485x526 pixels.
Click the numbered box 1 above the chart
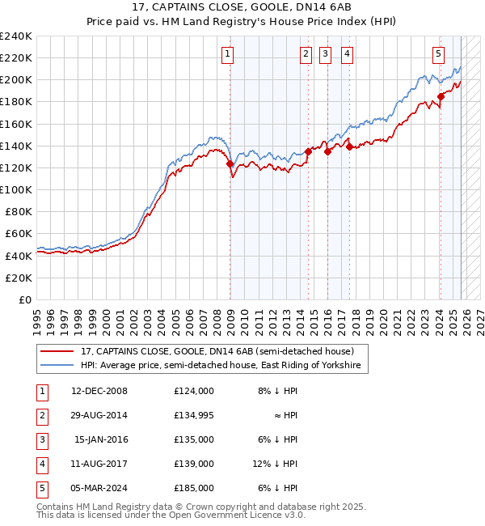tap(227, 54)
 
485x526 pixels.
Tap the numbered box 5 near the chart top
tap(438, 54)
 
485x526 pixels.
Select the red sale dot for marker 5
tap(441, 96)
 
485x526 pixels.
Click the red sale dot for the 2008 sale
tap(230, 163)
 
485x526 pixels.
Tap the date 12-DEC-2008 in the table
tap(99, 390)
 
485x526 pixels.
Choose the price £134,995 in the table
tap(193, 415)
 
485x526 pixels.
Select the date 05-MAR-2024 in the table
tap(99, 488)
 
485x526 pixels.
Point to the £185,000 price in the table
tap(193, 488)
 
